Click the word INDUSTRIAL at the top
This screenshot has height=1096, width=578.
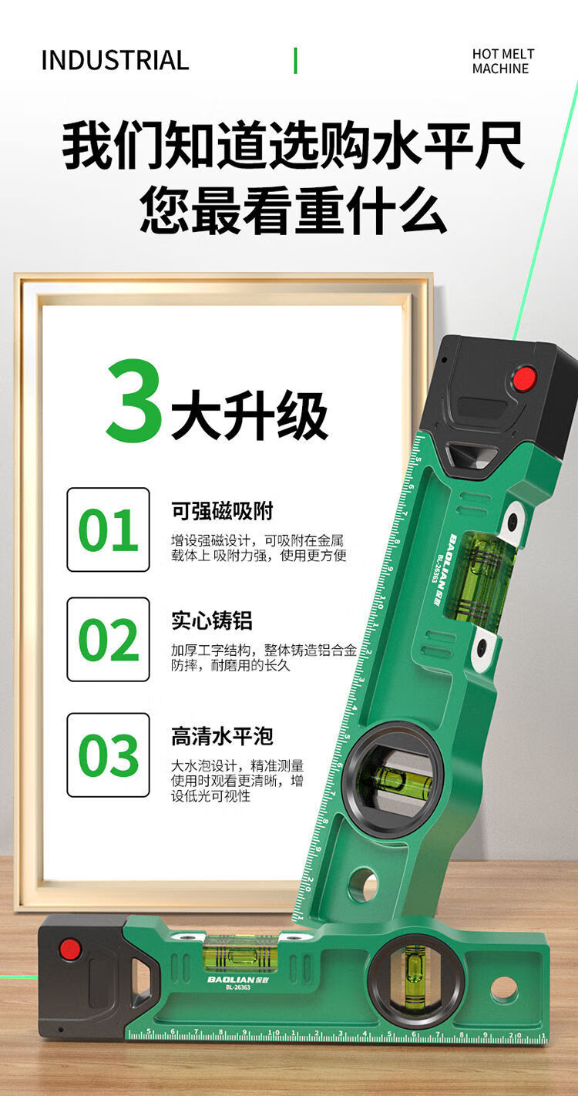tap(115, 60)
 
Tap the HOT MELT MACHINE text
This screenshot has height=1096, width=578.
tap(503, 61)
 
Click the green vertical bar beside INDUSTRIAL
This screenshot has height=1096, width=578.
tap(295, 61)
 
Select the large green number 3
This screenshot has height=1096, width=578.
tap(134, 401)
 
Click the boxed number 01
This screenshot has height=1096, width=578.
tap(108, 530)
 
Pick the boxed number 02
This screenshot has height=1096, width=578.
tap(108, 639)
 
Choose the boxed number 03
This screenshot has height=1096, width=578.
tap(108, 755)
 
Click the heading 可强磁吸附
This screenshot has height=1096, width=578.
tap(222, 511)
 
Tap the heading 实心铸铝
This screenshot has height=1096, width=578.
tap(211, 620)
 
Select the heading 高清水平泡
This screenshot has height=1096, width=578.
tap(222, 736)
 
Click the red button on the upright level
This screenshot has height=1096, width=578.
tap(524, 378)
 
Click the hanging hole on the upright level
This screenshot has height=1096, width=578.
tap(364, 884)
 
